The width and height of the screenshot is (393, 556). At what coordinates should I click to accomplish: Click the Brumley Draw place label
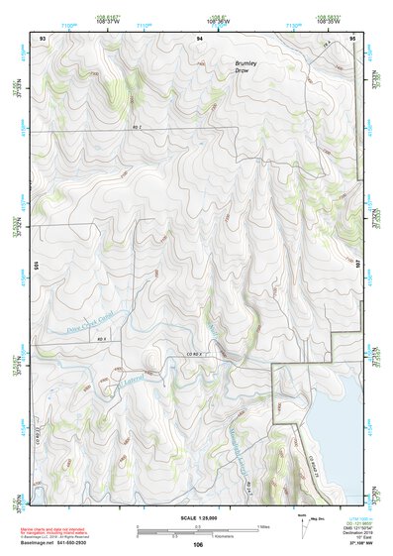tap(246, 66)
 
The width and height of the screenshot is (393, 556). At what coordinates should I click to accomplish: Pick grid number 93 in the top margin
tap(42, 37)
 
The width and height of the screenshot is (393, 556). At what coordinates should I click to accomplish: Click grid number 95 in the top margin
tap(353, 37)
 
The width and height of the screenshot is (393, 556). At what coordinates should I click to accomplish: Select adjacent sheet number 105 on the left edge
tap(35, 266)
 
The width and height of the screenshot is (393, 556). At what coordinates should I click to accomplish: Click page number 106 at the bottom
tap(198, 544)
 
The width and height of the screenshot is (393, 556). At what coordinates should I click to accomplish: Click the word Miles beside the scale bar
tap(263, 525)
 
